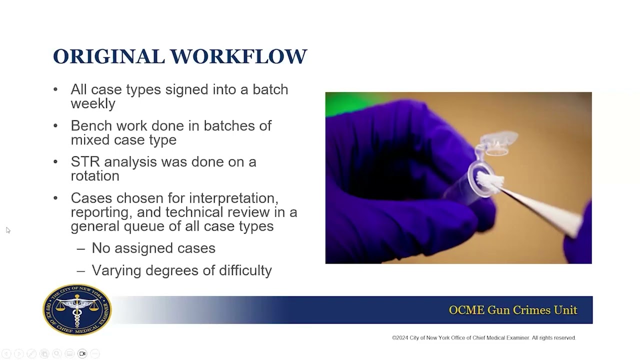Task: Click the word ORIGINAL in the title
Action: pos(108,56)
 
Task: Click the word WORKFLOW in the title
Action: pos(238,56)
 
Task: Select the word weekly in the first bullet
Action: pos(93,103)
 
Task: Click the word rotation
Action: pos(95,176)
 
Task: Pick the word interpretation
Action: pos(233,198)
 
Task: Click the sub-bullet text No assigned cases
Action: pos(153,248)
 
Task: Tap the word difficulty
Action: pos(245,270)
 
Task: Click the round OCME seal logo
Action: pos(77,309)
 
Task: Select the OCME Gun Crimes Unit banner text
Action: pos(513,310)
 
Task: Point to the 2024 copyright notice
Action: pos(483,338)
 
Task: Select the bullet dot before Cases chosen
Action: pos(55,198)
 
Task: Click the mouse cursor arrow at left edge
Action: pos(7,229)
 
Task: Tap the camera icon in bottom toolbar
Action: pos(82,353)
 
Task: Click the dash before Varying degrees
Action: pos(81,270)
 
